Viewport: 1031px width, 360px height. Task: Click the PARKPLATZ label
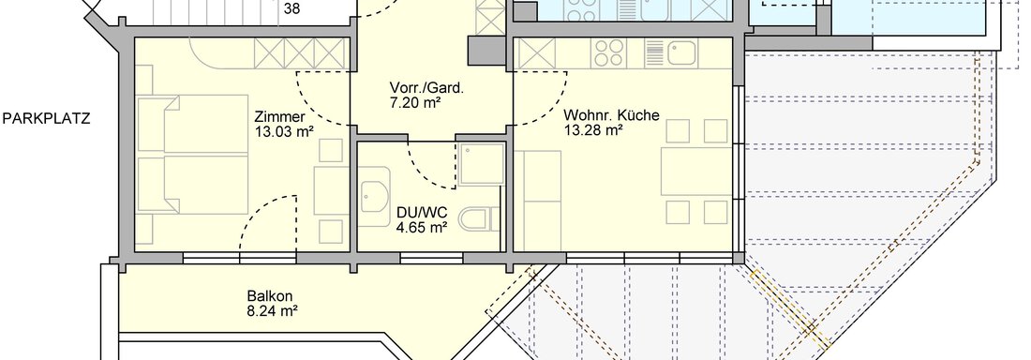click(x=46, y=118)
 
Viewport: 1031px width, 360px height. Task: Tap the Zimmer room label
click(x=279, y=117)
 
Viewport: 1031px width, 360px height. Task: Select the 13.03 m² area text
click(x=284, y=132)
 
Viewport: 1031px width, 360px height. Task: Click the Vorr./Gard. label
click(x=427, y=89)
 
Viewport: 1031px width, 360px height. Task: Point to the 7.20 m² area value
click(x=416, y=104)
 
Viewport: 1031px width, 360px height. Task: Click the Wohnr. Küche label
click(x=611, y=115)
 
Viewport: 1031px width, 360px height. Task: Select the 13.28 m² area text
click(x=594, y=130)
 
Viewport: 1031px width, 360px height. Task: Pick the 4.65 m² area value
click(x=422, y=226)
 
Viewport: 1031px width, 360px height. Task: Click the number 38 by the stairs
click(x=291, y=9)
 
